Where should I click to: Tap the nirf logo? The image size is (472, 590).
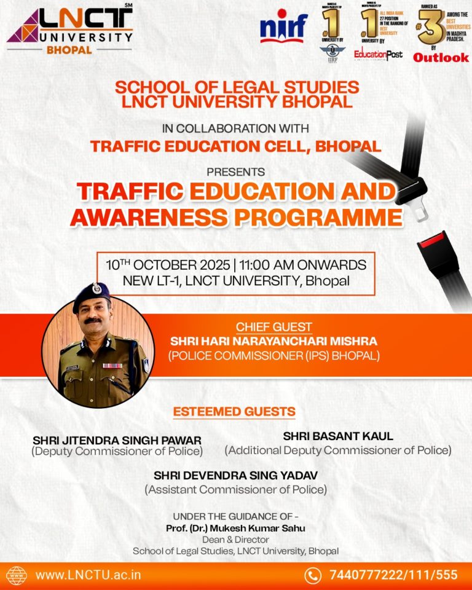pos(283,28)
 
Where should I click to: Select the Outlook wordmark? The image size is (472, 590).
pos(441,57)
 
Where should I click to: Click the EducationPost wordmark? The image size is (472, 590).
pos(378,55)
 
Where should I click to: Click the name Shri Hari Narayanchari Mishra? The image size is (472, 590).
pos(274,341)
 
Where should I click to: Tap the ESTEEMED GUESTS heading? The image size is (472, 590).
pos(234,411)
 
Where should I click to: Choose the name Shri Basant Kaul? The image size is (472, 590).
pos(338,436)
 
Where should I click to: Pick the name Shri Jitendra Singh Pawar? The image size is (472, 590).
pos(117,440)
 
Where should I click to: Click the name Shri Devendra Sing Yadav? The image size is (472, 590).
pos(235,476)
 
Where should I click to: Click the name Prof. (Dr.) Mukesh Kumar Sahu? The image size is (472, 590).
pos(236,529)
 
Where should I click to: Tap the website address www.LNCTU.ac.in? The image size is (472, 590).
pos(88,575)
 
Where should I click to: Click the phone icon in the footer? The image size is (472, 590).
pos(313,575)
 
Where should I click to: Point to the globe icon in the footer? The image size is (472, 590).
pos(17,575)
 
